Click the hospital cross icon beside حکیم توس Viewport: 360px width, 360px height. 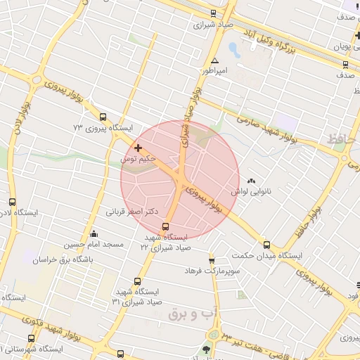[138, 148]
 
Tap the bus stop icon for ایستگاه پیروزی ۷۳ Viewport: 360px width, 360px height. [103, 117]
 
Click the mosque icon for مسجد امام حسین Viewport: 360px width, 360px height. [94, 234]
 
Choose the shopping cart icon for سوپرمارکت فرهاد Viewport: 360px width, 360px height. [212, 260]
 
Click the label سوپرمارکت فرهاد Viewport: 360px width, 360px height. [213, 270]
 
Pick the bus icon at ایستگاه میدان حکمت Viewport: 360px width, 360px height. [266, 245]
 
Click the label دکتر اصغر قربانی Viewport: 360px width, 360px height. [131, 210]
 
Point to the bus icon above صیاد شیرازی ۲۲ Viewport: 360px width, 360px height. [166, 226]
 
